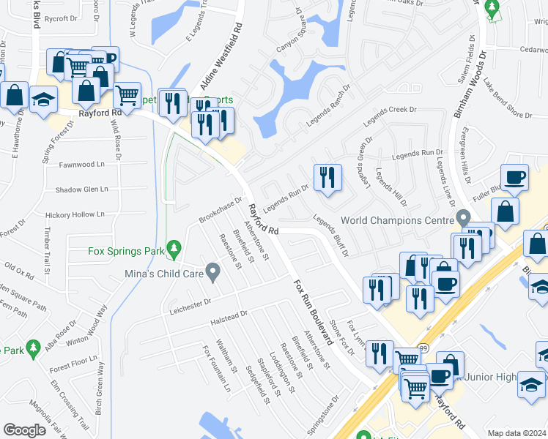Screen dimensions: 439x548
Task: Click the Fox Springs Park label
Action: [126, 250]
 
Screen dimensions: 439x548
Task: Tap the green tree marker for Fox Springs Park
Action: [174, 249]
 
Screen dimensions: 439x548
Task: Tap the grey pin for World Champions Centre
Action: [462, 218]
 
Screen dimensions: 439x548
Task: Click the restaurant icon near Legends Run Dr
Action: [327, 178]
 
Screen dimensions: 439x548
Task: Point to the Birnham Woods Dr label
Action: [467, 80]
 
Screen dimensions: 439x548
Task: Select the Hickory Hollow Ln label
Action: [75, 214]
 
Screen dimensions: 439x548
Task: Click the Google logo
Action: [24, 430]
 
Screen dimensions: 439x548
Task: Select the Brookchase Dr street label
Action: [220, 211]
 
